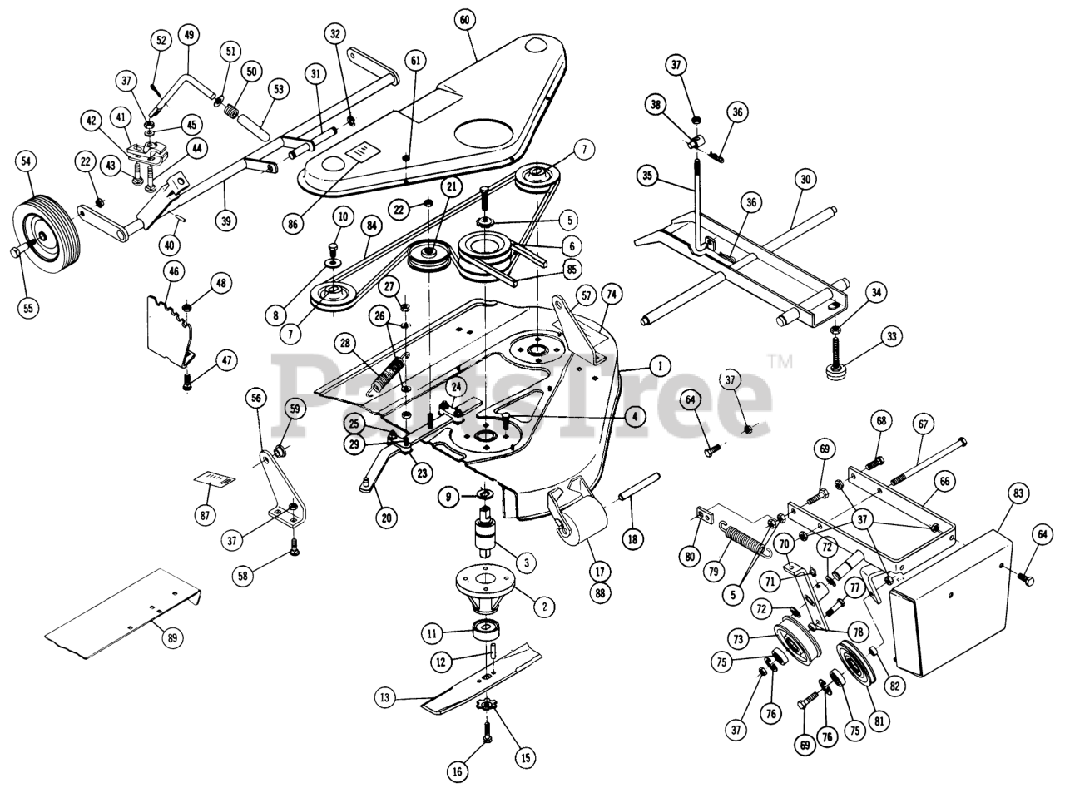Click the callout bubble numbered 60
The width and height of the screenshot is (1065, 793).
pos(463,18)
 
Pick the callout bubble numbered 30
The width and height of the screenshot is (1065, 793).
pos(805,179)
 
